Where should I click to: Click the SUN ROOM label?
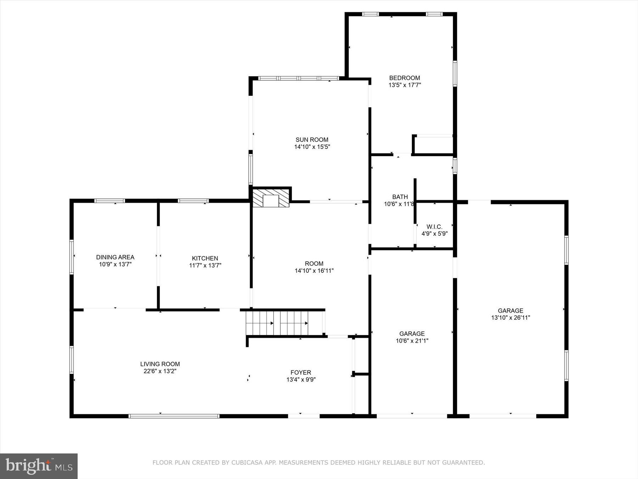312,139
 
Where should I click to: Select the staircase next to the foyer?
284,323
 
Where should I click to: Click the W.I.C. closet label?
434,227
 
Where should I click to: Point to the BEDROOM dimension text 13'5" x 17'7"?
404,85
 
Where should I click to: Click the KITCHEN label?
205,258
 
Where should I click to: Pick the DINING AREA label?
115,257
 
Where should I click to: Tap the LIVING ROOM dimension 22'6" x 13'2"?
160,371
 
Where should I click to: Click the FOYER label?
301,372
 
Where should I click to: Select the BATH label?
400,197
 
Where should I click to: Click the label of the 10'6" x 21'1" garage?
412,334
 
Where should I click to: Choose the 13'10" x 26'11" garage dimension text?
510,318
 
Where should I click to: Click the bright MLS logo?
39,466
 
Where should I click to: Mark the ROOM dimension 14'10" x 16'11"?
314,271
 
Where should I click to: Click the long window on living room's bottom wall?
174,416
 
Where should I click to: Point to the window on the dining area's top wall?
110,201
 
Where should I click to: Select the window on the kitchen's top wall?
193,201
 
